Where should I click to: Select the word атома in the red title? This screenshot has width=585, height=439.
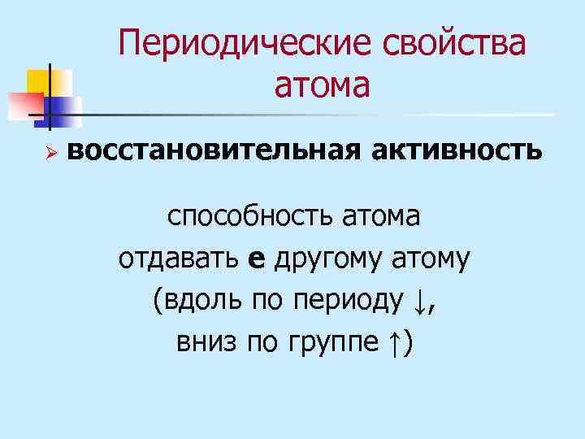[322, 84]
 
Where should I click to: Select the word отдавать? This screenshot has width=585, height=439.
[178, 259]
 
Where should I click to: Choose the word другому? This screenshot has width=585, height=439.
[329, 260]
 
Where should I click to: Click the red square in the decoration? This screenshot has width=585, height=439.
[24, 104]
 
